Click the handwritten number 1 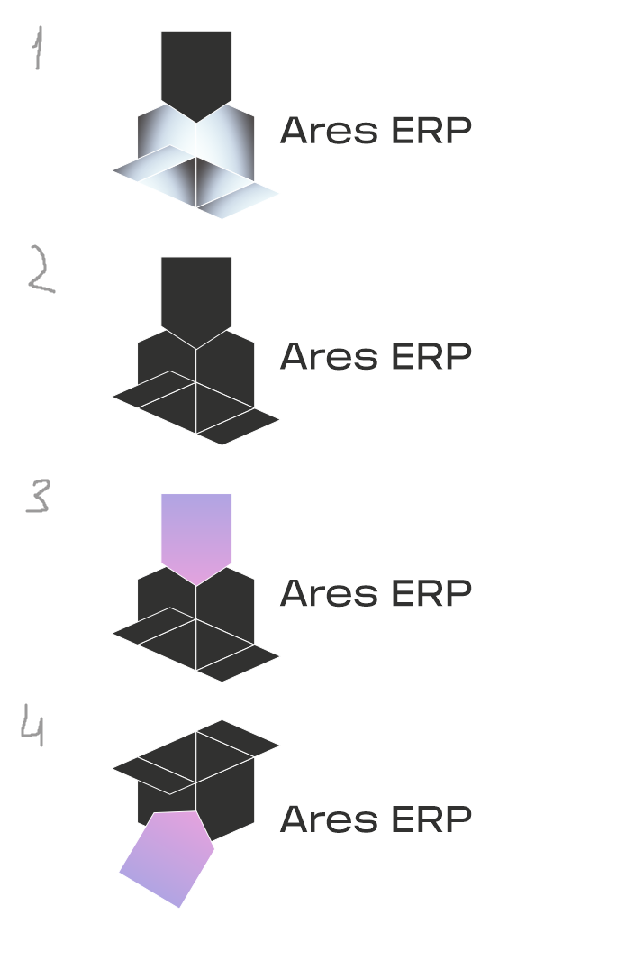37,49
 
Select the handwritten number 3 38,497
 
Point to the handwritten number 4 32,727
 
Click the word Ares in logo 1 329,131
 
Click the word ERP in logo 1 431,131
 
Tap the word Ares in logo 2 329,357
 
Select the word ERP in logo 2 431,357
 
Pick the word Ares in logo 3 329,593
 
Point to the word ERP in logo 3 431,593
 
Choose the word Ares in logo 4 329,819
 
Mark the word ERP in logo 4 431,819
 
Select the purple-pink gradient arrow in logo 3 196,534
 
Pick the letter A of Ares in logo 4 295,819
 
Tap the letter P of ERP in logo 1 458,131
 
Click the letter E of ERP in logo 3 402,593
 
